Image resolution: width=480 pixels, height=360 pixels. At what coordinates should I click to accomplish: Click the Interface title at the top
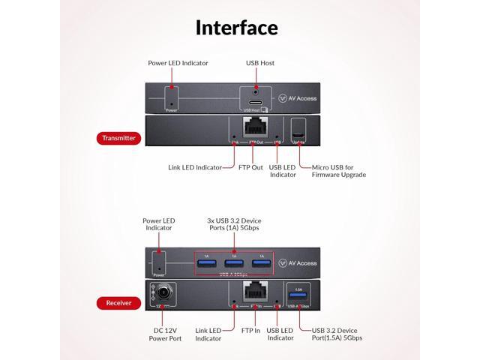[x=237, y=28]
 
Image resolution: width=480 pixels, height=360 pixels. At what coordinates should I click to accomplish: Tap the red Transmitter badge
[x=119, y=139]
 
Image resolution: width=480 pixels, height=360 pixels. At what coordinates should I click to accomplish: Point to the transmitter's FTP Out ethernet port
[x=255, y=127]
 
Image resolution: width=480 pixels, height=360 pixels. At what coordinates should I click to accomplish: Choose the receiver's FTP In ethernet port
[x=256, y=292]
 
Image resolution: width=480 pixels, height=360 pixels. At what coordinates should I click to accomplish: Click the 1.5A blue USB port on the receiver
[x=298, y=294]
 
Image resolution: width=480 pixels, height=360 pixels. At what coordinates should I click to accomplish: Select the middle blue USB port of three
[x=234, y=262]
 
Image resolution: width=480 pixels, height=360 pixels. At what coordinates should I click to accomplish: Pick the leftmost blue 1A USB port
[x=207, y=262]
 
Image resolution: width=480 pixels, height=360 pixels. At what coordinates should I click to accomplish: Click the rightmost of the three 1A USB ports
[x=261, y=262]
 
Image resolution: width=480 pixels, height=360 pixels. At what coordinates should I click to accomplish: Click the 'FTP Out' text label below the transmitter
[x=250, y=166]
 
